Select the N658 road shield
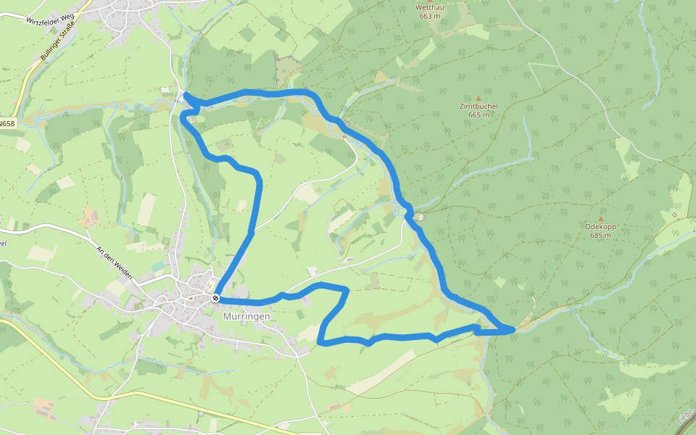coord(7,124)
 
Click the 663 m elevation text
coord(429,17)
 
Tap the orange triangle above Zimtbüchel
coord(478,98)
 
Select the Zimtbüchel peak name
coord(478,107)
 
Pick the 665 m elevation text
coord(478,115)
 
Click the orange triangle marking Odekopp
coord(600,218)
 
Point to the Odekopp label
coord(600,227)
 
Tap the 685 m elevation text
coord(600,236)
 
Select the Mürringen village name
coord(246,317)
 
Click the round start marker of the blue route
coord(216,298)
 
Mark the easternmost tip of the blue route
coord(513,330)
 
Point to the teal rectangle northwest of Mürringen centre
coord(158,267)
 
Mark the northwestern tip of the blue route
coord(186,95)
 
